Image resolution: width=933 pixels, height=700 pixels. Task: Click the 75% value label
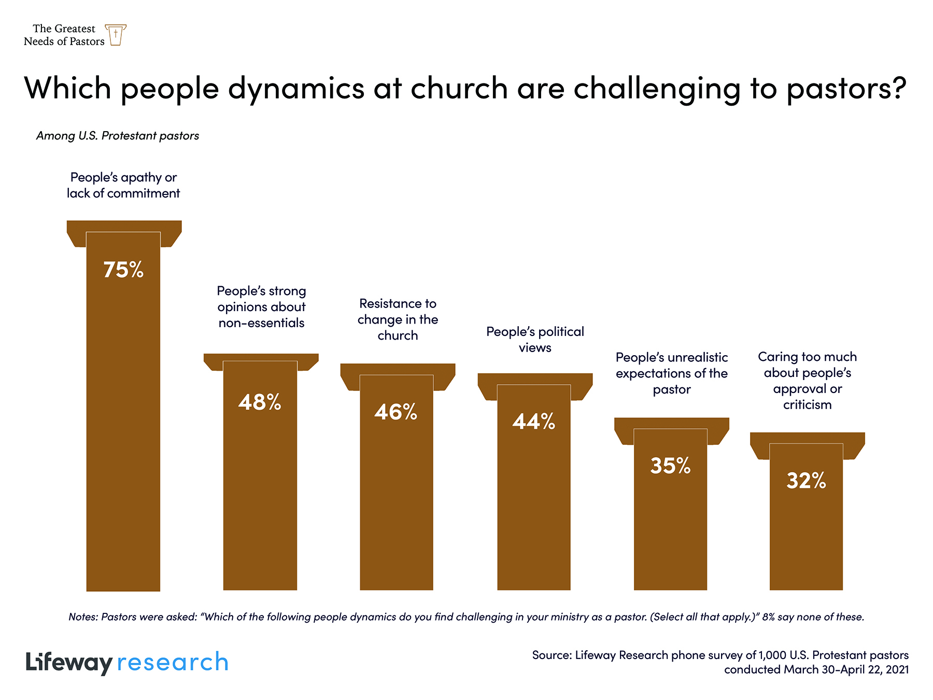click(x=123, y=270)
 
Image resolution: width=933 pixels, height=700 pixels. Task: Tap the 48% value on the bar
click(x=260, y=402)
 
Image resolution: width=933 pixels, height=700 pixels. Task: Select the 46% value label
click(x=396, y=412)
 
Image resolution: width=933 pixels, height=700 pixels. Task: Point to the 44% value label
click(x=534, y=422)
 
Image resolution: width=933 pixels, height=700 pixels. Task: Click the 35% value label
click(x=670, y=466)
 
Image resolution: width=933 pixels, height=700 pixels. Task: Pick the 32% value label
click(x=806, y=481)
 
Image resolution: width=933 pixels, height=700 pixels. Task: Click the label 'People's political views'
click(x=535, y=340)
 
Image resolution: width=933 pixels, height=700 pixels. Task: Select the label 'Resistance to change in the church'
click(x=398, y=319)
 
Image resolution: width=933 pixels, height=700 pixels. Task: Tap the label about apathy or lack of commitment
click(x=123, y=185)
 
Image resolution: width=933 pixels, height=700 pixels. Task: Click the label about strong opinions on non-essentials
click(x=261, y=307)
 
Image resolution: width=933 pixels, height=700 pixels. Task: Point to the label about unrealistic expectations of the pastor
click(x=672, y=373)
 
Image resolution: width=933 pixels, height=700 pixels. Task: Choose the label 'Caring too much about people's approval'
click(x=807, y=381)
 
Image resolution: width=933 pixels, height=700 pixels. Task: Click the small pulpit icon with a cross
click(x=116, y=35)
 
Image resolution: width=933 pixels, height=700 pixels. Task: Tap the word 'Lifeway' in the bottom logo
click(x=69, y=663)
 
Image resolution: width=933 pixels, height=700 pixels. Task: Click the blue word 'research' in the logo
click(x=173, y=663)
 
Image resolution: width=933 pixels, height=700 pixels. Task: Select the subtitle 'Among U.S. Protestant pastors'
click(x=118, y=136)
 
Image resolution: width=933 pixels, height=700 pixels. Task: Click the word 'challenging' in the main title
click(x=657, y=88)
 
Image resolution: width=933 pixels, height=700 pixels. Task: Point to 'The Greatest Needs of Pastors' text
click(x=64, y=35)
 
